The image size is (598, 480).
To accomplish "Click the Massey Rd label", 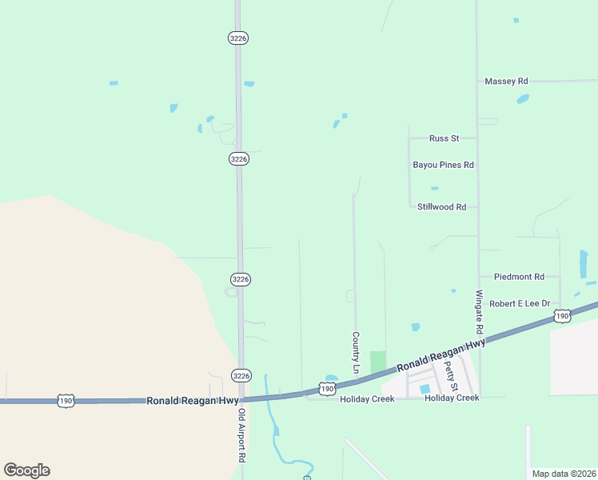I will pos(507,82).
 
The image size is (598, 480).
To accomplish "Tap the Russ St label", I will pos(444,138).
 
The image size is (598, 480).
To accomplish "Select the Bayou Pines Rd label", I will pos(444,165).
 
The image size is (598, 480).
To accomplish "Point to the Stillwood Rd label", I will pos(441,206).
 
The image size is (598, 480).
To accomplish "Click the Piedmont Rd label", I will pos(519,277).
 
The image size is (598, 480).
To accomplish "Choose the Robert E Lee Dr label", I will pos(520,304).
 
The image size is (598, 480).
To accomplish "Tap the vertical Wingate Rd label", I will pos(480,312).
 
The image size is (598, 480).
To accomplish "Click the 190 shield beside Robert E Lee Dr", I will pos(562,317).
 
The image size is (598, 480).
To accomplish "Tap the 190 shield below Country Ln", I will pos(326,389).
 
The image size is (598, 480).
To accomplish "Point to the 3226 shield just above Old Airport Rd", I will pos(240,375).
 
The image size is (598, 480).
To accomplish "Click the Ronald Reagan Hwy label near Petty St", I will pos(441,354).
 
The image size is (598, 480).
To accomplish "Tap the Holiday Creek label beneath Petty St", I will pos(452,398).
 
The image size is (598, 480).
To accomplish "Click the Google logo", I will pos(26,470).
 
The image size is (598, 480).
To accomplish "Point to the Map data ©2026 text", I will pos(564,474).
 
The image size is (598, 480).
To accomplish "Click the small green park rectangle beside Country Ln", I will pos(377,362).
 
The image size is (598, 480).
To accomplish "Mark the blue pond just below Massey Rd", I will pos(523,99).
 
